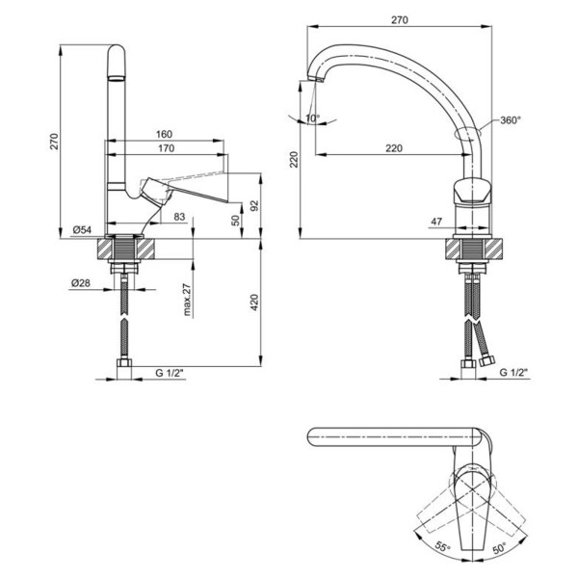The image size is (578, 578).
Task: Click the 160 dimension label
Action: [164, 134]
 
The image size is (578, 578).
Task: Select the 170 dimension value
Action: [167, 148]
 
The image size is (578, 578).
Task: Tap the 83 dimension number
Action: [179, 217]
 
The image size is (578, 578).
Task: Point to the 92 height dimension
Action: [254, 206]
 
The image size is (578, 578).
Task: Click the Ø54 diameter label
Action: [82, 230]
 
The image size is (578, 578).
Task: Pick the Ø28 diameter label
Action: [81, 283]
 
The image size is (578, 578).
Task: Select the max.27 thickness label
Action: [187, 300]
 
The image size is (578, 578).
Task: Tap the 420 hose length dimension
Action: [254, 302]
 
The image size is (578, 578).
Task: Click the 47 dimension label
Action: [436, 222]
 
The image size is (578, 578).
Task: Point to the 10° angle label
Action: [313, 118]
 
